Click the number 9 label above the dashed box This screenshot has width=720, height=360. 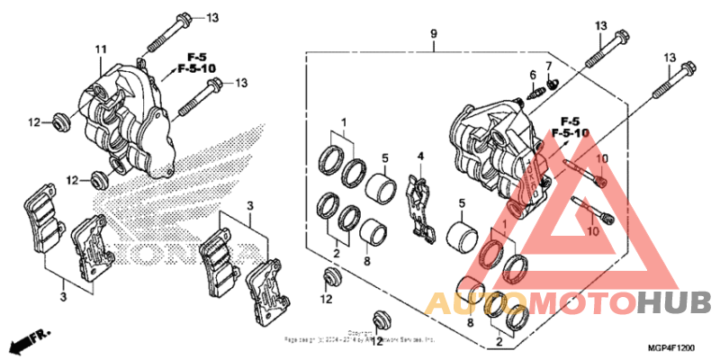pyautogui.click(x=434, y=34)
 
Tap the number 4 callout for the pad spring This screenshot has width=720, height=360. pyautogui.click(x=419, y=156)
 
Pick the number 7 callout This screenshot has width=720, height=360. pyautogui.click(x=548, y=66)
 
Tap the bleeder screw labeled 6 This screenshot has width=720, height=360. pyautogui.click(x=538, y=89)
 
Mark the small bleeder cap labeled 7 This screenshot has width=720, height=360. pyautogui.click(x=554, y=82)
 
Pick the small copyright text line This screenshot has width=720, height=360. pyautogui.click(x=360, y=339)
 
